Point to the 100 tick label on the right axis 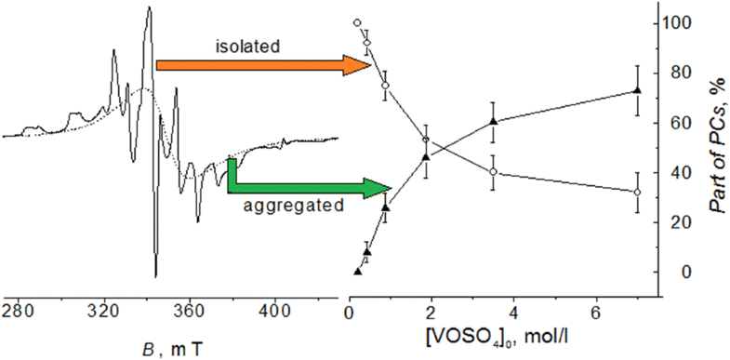pos(684,22)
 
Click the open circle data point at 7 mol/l pos(637,193)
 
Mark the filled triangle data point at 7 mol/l pos(637,90)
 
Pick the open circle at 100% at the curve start pos(357,22)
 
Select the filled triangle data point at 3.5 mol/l pos(493,121)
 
